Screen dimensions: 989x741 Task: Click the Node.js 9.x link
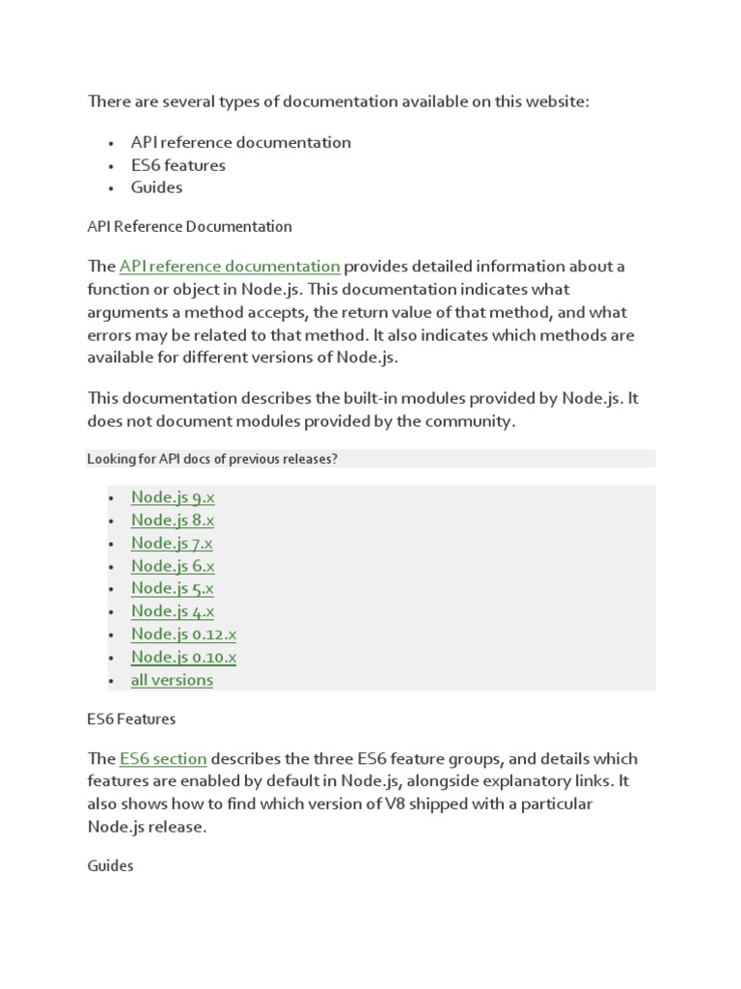[x=173, y=497]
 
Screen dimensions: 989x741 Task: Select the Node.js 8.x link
[x=173, y=521]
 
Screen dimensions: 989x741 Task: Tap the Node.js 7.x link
[x=172, y=543]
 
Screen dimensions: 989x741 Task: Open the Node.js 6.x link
[x=173, y=566]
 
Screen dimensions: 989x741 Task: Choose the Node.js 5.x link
[x=173, y=588]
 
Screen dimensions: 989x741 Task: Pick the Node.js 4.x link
[x=173, y=611]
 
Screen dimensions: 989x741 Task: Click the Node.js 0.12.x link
[x=183, y=635]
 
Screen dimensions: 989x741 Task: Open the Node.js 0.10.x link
[x=183, y=657]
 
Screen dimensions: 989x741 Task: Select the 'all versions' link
[x=172, y=680]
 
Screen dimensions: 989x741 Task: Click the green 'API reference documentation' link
[x=230, y=267]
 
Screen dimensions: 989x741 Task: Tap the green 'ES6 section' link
[x=163, y=759]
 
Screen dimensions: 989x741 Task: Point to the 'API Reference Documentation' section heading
[x=189, y=227]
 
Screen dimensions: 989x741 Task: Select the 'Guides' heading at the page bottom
[x=110, y=866]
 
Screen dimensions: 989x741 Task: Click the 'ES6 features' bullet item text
[x=178, y=165]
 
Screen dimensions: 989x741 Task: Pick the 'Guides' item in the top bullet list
[x=156, y=187]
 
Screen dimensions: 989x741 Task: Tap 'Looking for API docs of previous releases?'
[x=212, y=459]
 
